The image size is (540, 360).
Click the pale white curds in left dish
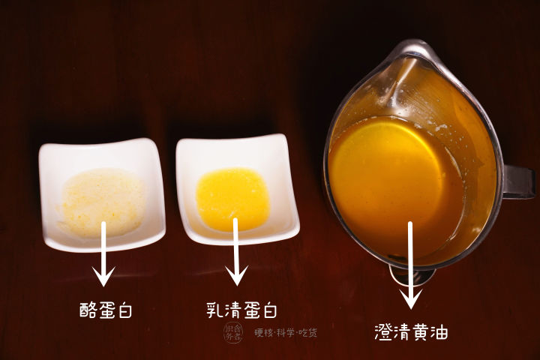pyautogui.click(x=101, y=201)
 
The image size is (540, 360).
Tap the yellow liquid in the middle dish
pyautogui.click(x=232, y=198)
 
